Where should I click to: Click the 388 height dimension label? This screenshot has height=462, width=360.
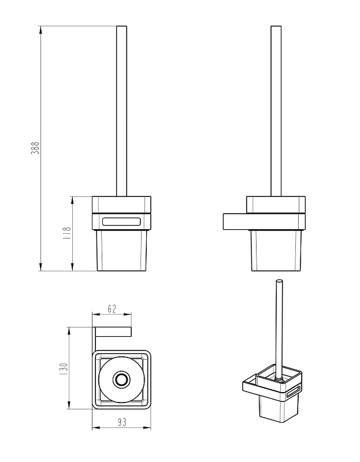35,148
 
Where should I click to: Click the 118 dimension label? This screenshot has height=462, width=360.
67,233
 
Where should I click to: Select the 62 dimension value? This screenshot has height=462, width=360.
112,309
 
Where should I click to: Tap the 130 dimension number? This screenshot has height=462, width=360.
64,369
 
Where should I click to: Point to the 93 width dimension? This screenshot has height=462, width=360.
122,422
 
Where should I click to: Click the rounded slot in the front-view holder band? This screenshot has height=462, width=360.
121,222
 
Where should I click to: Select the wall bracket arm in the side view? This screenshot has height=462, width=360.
235,222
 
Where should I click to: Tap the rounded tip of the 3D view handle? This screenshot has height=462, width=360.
279,281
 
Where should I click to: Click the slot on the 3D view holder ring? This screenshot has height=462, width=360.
293,393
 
